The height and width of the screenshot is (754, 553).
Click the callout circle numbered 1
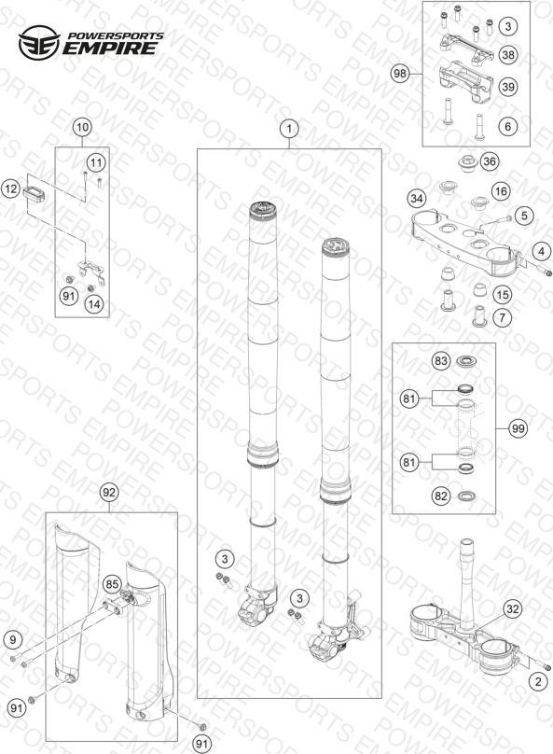coord(289,129)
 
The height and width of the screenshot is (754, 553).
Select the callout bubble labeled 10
coord(82,128)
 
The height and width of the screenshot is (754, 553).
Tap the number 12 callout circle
coord(10,189)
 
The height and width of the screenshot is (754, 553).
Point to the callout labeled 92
coord(109,493)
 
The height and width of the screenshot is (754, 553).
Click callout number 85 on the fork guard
coord(112,585)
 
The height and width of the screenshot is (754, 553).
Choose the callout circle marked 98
coord(399,74)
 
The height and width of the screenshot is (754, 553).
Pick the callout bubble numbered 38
coord(508,55)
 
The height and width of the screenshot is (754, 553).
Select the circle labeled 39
coord(508,87)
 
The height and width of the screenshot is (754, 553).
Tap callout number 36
coord(490,161)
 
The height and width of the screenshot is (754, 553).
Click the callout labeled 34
coord(417,199)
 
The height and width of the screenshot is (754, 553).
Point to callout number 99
coord(518,428)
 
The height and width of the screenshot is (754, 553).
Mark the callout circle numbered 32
coord(513,609)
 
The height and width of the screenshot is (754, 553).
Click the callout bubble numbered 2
coord(538,681)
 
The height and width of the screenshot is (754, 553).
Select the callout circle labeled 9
coord(13,639)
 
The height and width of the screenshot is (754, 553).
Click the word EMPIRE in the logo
coord(110,49)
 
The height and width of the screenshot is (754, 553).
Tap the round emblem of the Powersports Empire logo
coord(39,43)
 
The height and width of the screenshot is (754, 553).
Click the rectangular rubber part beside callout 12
coord(34,194)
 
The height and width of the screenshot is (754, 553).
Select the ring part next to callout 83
coord(465,361)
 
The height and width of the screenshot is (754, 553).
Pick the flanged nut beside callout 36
coord(465,163)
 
